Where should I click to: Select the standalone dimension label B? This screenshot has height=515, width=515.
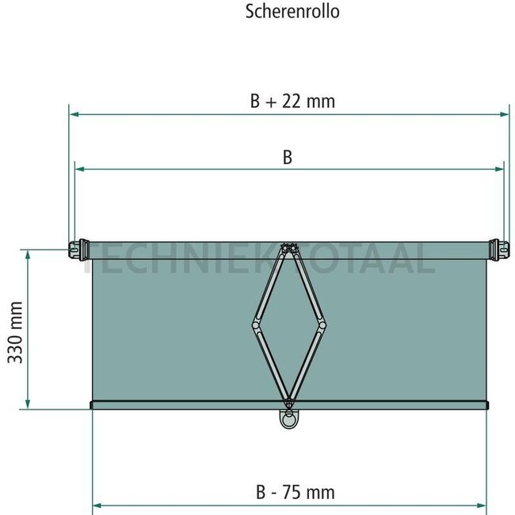point(288,157)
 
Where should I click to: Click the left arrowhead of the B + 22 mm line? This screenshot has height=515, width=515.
point(73,114)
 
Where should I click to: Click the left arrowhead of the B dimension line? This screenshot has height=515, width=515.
point(78,168)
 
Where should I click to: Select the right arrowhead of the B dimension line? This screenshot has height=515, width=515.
point(500,168)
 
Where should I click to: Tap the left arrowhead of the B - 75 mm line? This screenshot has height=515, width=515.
point(97,504)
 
